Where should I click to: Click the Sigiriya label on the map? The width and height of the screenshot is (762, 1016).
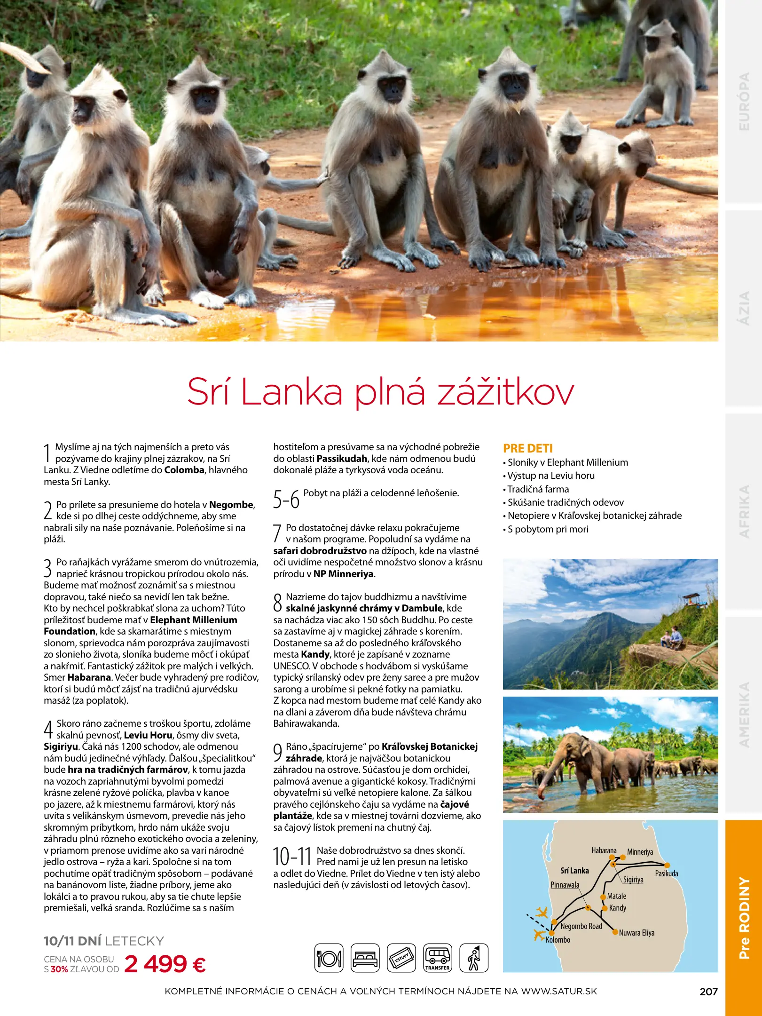[633, 880]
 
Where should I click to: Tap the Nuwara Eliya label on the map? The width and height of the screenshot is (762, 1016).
[636, 933]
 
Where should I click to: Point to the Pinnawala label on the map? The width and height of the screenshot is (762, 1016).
[565, 885]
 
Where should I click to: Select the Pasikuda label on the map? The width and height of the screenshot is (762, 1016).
[667, 873]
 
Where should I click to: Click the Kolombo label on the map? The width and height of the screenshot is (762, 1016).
[558, 940]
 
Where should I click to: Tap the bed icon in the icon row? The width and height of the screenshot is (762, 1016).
[365, 958]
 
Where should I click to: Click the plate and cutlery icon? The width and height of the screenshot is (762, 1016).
[329, 958]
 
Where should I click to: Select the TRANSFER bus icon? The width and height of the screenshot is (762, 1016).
[437, 958]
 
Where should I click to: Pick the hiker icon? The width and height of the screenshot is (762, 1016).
[474, 958]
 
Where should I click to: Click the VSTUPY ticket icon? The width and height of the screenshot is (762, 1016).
[401, 958]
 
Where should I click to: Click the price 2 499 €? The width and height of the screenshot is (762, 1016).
[165, 964]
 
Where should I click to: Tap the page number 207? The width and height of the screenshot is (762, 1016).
[708, 992]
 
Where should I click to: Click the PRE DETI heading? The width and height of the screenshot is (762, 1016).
[527, 448]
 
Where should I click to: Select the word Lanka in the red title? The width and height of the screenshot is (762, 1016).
[291, 392]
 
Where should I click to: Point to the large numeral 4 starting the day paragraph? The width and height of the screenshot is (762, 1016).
[48, 730]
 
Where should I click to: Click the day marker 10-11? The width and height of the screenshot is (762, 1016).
[292, 857]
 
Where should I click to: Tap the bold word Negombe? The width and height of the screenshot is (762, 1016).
[231, 505]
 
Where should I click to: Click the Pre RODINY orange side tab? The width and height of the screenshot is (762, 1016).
[744, 918]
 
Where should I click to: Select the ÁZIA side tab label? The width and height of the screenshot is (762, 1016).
[744, 308]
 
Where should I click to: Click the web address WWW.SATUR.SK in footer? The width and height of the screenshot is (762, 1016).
[559, 991]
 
